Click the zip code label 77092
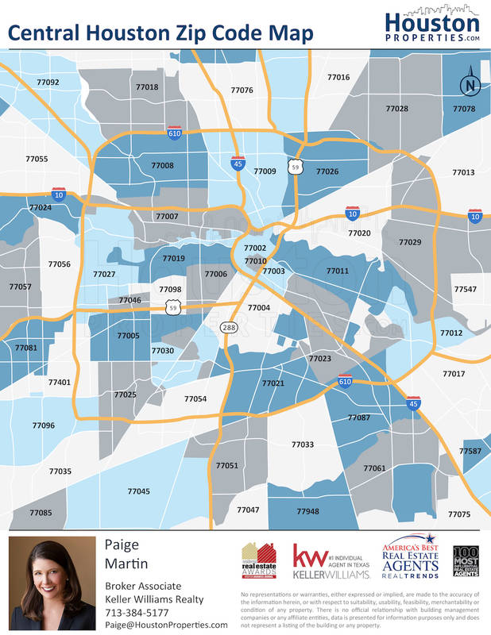pos(48,82)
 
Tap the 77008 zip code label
pos(162,165)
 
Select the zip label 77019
pos(173,258)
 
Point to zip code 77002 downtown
pos(255,248)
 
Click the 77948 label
pos(307,511)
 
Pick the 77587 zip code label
pos(470,451)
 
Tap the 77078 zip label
pos(463,108)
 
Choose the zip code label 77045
pos(138,491)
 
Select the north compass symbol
pos(470,84)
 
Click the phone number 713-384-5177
pos(137,612)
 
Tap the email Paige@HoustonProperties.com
pos(167,625)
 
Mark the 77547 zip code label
pos(466,290)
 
